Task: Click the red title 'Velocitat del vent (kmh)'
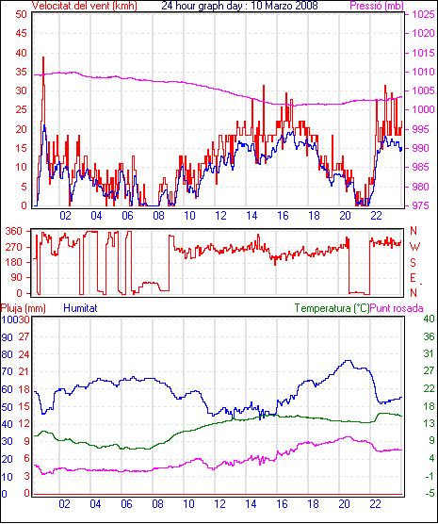85,6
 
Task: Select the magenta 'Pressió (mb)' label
377,6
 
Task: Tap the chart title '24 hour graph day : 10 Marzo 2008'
239,6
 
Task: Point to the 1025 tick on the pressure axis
423,15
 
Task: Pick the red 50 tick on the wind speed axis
21,14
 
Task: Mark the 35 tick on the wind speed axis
21,72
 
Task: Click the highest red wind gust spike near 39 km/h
43,57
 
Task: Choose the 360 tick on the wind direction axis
14,231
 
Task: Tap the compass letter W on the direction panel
414,247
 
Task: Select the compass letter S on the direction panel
414,263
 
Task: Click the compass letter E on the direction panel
414,278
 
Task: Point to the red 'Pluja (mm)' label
23,308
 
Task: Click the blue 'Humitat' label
80,308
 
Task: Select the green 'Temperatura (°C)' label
333,308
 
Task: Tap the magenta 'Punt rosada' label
397,308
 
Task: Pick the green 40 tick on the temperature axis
429,319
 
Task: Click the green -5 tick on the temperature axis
429,493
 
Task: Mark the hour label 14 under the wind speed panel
251,216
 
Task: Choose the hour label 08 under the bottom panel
157,504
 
